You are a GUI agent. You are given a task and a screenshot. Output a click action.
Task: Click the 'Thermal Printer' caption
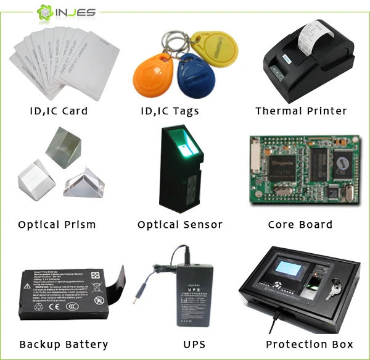point(301,111)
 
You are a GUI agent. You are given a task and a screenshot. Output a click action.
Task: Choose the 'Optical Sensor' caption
point(179,225)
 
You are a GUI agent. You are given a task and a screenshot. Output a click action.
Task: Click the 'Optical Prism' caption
point(57,225)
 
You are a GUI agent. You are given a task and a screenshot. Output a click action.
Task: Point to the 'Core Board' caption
point(300,225)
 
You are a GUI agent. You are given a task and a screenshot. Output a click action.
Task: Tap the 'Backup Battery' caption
point(64,345)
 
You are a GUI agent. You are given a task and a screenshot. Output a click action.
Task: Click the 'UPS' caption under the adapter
point(194,345)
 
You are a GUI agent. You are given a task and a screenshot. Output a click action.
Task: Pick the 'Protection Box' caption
point(310,345)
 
